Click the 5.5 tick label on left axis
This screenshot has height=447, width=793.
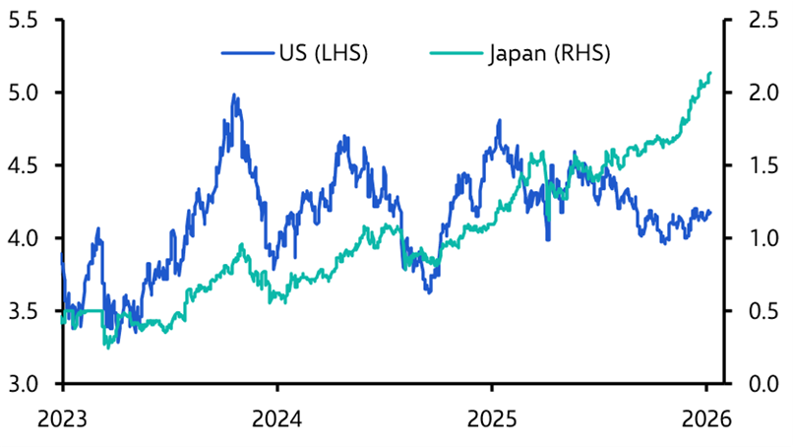(27, 20)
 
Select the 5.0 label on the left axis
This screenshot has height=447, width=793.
(27, 93)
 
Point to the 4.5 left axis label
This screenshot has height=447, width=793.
(27, 165)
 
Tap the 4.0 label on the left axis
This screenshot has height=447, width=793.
(27, 238)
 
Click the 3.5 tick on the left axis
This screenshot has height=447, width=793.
(27, 311)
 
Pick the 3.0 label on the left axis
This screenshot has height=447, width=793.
(27, 384)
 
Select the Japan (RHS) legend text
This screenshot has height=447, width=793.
(549, 53)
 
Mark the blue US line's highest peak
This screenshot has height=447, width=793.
(234, 96)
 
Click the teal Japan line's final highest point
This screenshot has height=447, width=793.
(710, 72)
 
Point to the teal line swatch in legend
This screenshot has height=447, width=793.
(459, 53)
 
